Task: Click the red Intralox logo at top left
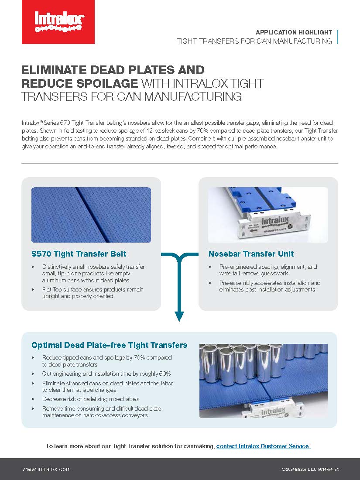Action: click(x=58, y=22)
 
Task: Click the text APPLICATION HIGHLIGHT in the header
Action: click(x=294, y=33)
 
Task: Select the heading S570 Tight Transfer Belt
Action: click(x=79, y=254)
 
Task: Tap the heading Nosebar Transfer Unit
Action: click(x=251, y=254)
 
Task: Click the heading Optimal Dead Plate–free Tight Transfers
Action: click(x=109, y=345)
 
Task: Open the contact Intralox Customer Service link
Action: click(x=263, y=446)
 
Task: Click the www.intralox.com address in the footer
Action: click(x=46, y=469)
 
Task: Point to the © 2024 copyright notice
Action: click(x=310, y=470)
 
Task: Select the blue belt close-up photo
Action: click(x=91, y=215)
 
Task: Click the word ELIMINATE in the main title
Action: click(x=58, y=70)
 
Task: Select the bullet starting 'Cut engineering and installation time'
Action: click(x=106, y=374)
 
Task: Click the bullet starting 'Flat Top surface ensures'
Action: click(x=93, y=293)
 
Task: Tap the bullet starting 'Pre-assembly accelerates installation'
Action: click(x=270, y=286)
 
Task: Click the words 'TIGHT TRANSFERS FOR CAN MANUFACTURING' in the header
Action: click(x=254, y=41)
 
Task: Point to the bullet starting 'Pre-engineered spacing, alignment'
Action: click(x=268, y=270)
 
